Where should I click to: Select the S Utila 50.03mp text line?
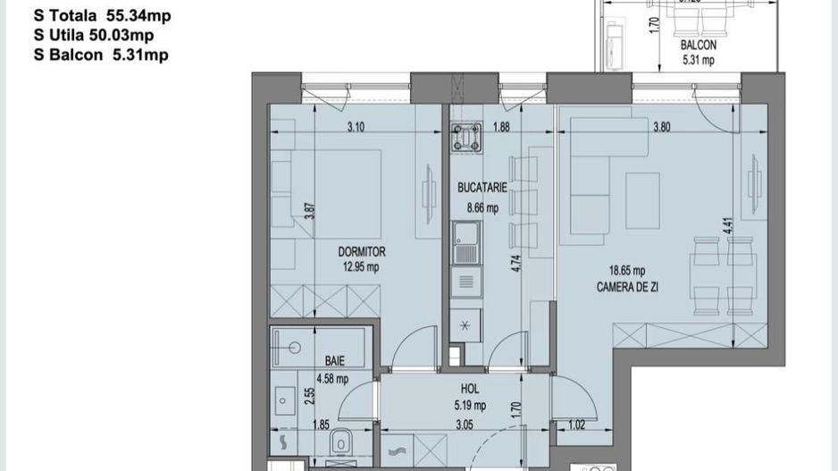coord(93,35)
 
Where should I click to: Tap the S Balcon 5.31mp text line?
coord(100,55)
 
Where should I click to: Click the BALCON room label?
coord(698,45)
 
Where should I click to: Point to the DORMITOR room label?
coord(362,253)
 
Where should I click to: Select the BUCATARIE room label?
coord(482,189)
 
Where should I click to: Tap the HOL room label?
coord(469,390)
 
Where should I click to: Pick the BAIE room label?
coord(335,361)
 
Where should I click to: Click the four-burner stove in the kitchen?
coord(465,138)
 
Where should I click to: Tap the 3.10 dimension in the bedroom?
coord(356,128)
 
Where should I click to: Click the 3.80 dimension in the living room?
coord(661,128)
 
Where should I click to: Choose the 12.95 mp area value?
coord(362,266)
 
